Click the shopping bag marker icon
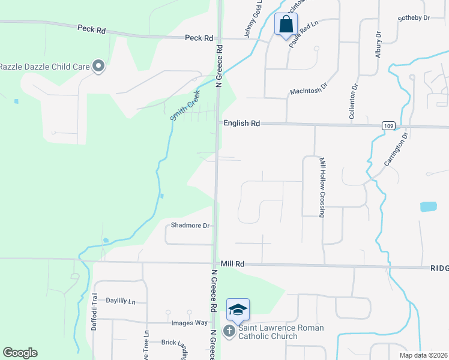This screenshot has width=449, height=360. click(x=286, y=25)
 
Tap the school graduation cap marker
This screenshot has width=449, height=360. click(x=238, y=310)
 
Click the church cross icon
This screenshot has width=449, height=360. click(x=229, y=331)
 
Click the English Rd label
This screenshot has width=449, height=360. click(x=241, y=123)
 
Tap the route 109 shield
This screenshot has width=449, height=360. click(x=387, y=125)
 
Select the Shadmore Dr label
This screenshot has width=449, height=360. click(x=190, y=226)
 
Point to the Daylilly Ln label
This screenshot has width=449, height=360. click(x=121, y=301)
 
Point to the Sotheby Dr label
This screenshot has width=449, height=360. click(x=414, y=18)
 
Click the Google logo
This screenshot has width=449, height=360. click(x=20, y=353)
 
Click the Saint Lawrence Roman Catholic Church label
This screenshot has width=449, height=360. click(x=280, y=332)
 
